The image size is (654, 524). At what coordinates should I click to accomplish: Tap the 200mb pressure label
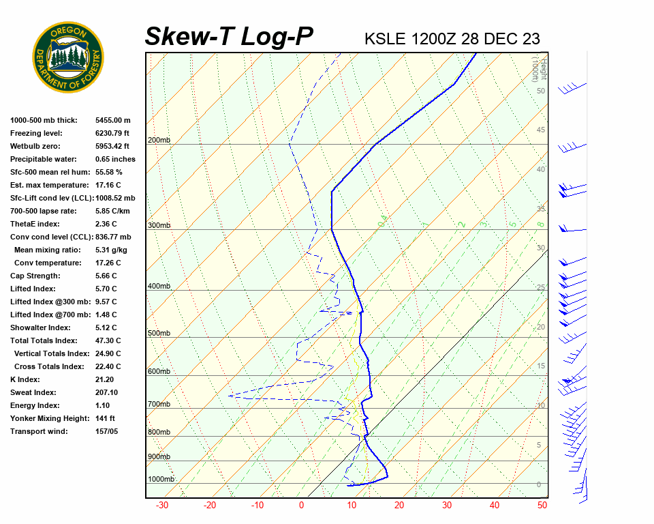pyautogui.click(x=159, y=141)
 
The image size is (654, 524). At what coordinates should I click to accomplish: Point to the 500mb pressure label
pyautogui.click(x=159, y=333)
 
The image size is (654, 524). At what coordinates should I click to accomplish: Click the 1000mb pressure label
pyautogui.click(x=161, y=480)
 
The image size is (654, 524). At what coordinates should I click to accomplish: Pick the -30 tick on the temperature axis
pyautogui.click(x=162, y=506)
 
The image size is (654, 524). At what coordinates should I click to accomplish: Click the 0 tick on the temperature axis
pyautogui.click(x=301, y=506)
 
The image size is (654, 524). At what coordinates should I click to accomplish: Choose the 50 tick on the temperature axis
pyautogui.click(x=542, y=506)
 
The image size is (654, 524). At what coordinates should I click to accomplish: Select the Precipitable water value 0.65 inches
pyautogui.click(x=115, y=159)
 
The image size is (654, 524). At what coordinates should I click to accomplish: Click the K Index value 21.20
pyautogui.click(x=105, y=379)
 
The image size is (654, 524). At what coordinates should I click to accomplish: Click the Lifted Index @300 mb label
pyautogui.click(x=44, y=302)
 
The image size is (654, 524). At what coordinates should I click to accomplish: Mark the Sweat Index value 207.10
pyautogui.click(x=107, y=392)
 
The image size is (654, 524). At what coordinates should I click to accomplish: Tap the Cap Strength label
pyautogui.click(x=35, y=276)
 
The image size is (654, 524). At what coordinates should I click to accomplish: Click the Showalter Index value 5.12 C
pyautogui.click(x=106, y=327)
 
